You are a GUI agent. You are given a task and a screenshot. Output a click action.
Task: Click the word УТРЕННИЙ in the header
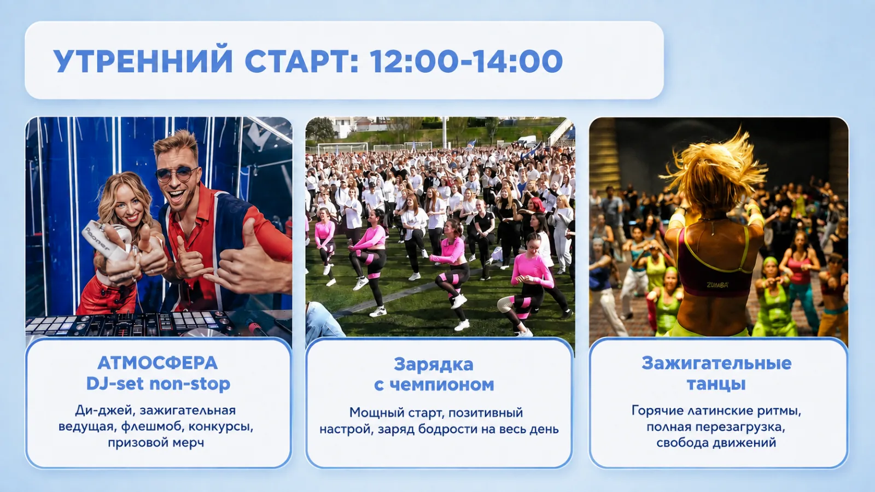pyautogui.click(x=143, y=61)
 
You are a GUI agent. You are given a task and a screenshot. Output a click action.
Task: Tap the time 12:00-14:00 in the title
pyautogui.click(x=466, y=61)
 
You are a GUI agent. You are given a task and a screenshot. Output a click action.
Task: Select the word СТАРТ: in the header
pyautogui.click(x=301, y=61)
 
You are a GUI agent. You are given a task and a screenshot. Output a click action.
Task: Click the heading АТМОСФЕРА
pyautogui.click(x=157, y=363)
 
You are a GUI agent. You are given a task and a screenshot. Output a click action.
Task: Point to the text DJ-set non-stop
pyautogui.click(x=158, y=383)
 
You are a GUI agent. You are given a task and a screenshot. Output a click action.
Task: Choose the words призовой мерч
pyautogui.click(x=156, y=443)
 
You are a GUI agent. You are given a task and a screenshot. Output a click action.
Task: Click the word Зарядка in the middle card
pyautogui.click(x=434, y=365)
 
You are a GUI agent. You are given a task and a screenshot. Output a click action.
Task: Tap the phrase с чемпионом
pyautogui.click(x=434, y=385)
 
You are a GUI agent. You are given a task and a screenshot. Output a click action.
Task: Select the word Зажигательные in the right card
pyautogui.click(x=716, y=363)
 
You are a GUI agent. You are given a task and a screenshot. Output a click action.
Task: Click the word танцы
pyautogui.click(x=716, y=384)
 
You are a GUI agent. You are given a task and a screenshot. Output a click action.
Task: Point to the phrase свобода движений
pyautogui.click(x=716, y=443)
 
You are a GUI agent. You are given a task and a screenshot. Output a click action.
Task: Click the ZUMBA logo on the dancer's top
pyautogui.click(x=717, y=285)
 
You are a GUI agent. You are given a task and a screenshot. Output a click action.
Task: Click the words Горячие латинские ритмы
pyautogui.click(x=716, y=411)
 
